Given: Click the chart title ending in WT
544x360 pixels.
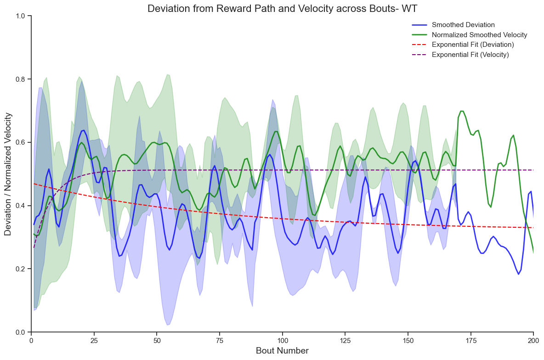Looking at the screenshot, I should click(282, 8).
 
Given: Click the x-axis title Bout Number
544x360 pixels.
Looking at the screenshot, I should click(282, 351).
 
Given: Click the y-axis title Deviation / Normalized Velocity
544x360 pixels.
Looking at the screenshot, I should click(8, 174).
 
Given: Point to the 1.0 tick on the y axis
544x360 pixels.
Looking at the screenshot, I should click(21, 16).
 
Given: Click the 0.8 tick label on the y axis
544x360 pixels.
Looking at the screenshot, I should click(21, 79).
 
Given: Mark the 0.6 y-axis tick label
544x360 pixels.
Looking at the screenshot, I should click(21, 142).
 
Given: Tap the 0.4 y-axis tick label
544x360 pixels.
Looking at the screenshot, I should click(21, 206).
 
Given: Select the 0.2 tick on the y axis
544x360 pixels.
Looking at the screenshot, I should click(21, 269).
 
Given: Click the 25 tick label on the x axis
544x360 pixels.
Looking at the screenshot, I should click(94, 340).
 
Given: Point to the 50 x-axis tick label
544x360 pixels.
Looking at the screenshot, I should click(157, 340).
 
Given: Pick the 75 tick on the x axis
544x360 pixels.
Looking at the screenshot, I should click(220, 340).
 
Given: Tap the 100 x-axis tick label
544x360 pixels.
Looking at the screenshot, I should click(282, 340).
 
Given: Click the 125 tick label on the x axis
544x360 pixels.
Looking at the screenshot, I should click(345, 340).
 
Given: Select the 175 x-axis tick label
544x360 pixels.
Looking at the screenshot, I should click(470, 340).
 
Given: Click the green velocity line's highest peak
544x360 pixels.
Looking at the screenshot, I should click(462, 111).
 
